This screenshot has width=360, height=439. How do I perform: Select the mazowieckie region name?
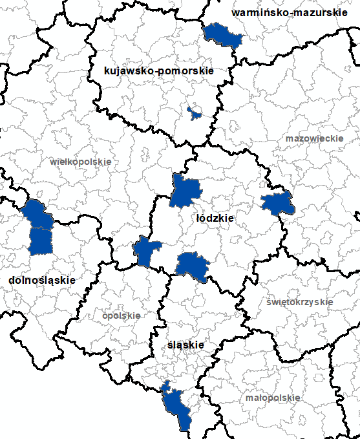(x=308, y=138)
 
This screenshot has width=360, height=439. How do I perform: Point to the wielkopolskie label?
(x=81, y=161)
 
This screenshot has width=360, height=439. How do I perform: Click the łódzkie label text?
(x=215, y=219)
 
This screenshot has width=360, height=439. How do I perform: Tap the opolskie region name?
(x=121, y=316)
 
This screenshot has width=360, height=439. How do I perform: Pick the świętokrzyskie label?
(x=300, y=302)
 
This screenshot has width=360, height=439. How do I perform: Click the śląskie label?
(x=185, y=345)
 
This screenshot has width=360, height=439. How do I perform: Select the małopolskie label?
(x=272, y=398)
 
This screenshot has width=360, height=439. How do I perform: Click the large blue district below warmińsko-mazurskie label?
(x=222, y=36)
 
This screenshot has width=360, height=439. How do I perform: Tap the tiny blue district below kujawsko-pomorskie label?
(x=193, y=112)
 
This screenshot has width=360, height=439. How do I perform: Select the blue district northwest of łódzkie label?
(x=186, y=191)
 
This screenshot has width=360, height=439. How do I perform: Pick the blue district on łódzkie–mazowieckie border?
(x=278, y=204)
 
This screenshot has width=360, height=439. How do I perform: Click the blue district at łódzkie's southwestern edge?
(x=145, y=250)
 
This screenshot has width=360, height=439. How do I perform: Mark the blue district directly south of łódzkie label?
(x=193, y=265)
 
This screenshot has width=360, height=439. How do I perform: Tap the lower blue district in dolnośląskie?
(x=41, y=241)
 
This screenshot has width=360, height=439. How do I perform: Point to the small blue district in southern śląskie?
(x=166, y=386)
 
